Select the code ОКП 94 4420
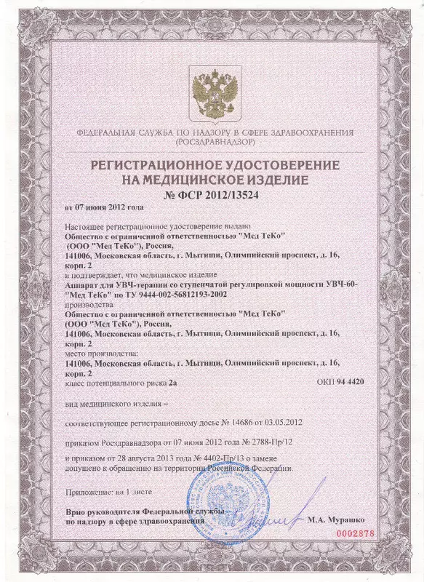coord(340,381)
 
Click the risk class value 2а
coord(172,381)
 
